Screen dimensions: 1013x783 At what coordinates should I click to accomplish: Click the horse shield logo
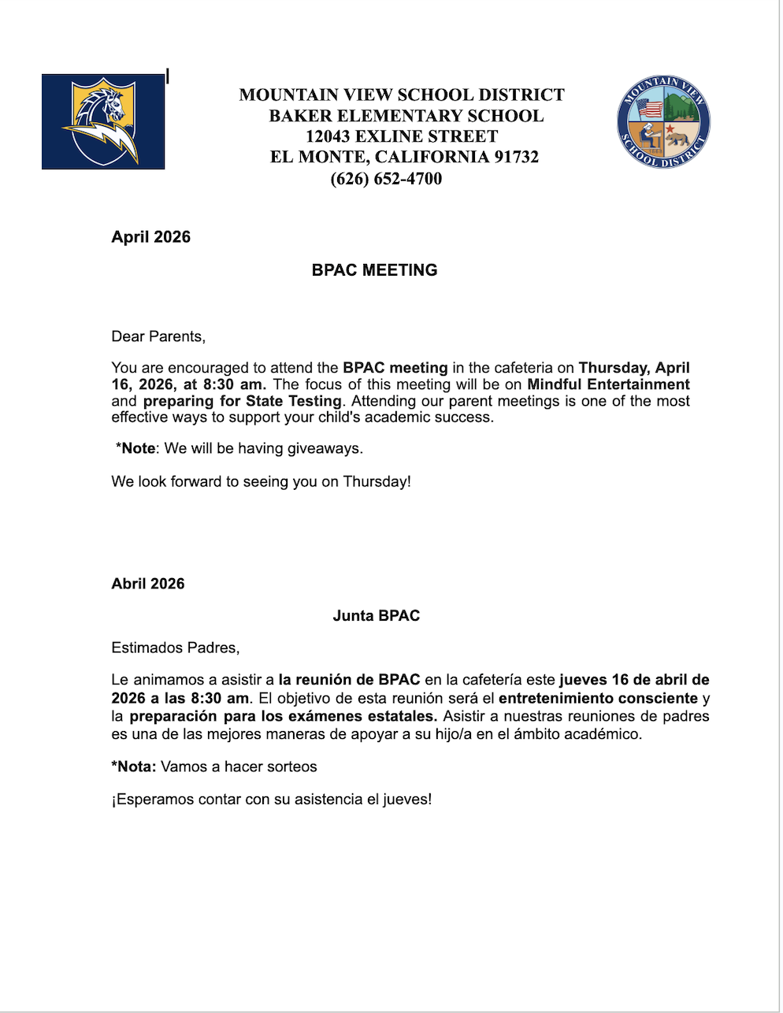103,121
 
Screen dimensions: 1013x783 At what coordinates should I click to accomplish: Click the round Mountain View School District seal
663,123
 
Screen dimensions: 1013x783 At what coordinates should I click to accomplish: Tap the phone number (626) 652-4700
386,179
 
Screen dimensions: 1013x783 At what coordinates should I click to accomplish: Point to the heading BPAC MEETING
374,270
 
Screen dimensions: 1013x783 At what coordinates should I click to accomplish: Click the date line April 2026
151,237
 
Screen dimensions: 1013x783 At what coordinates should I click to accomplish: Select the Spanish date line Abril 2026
148,584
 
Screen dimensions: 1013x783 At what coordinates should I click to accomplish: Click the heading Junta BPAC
376,616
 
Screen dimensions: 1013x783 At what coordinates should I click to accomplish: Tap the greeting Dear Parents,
158,337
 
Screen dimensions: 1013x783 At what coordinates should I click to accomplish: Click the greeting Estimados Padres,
176,648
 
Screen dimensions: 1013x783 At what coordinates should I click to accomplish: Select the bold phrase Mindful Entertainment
608,384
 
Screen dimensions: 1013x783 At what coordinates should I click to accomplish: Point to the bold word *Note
135,448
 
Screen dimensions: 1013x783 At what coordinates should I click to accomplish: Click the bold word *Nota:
134,766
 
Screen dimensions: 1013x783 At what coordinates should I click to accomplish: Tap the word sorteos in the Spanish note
291,766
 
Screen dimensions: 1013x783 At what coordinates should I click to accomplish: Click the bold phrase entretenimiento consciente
598,698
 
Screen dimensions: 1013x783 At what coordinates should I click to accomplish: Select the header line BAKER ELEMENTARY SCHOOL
406,116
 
